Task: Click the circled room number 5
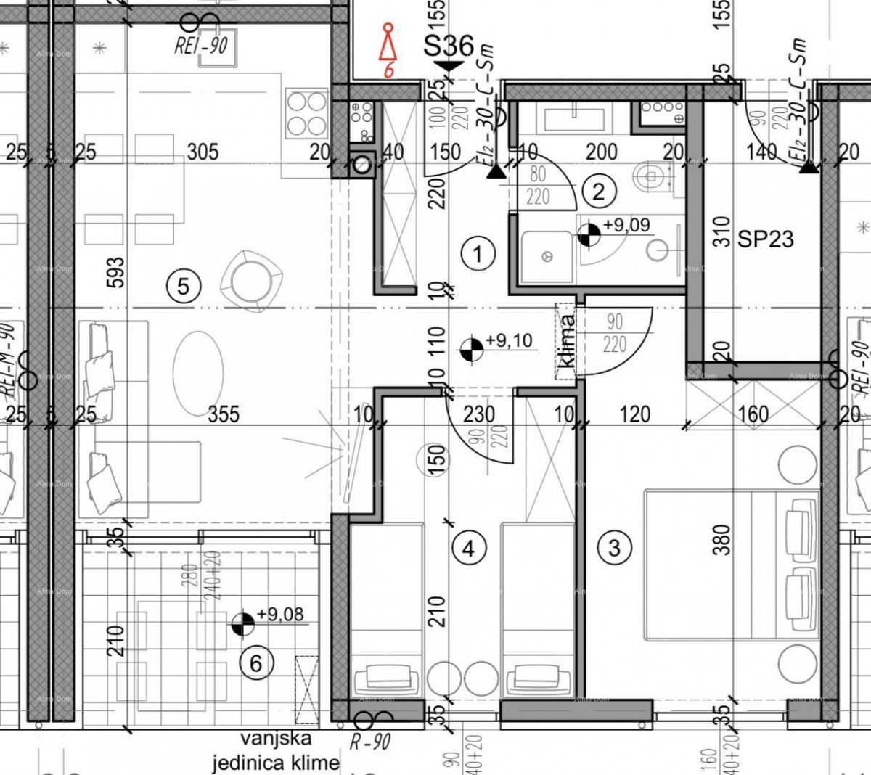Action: click(183, 285)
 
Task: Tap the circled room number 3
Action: click(614, 546)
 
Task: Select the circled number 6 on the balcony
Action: click(255, 663)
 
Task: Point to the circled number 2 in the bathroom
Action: click(599, 191)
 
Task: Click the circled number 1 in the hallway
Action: click(478, 254)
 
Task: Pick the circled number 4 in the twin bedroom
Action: click(468, 548)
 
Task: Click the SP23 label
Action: click(766, 239)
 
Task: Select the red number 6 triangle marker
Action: click(390, 51)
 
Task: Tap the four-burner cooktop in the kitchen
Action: click(307, 112)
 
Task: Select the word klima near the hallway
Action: click(568, 341)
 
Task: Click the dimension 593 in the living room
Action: click(118, 273)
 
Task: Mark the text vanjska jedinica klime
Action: click(275, 750)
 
